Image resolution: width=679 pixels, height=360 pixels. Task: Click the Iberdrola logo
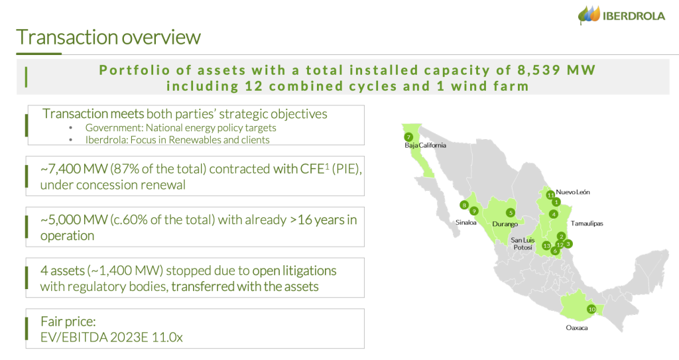(621, 16)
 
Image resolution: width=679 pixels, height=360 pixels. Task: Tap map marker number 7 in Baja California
(408, 137)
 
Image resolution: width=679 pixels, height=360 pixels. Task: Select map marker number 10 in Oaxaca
(591, 309)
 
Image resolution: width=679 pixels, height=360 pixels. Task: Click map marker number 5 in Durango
(510, 213)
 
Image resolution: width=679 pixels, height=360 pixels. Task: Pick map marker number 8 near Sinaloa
(464, 205)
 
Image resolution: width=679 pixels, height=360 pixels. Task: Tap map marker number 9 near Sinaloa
(474, 211)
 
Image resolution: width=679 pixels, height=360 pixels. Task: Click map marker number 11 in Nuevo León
(550, 194)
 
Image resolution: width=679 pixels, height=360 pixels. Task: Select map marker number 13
(546, 245)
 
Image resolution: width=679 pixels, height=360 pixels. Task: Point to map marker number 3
(568, 243)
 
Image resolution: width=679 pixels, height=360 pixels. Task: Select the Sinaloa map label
(466, 223)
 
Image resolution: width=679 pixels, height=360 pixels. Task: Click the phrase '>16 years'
(312, 219)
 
